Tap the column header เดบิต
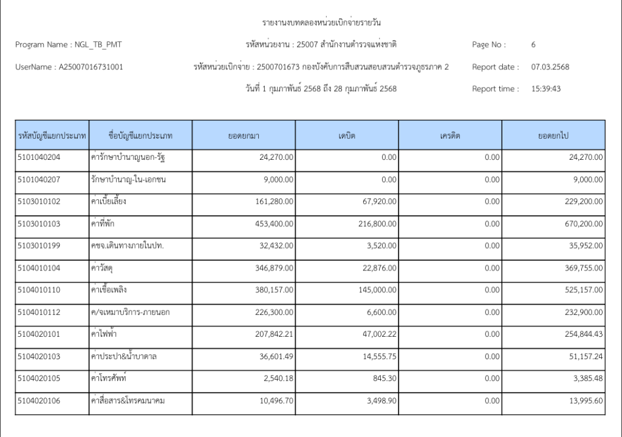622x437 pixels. [x=347, y=136]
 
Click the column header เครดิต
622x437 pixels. [x=450, y=136]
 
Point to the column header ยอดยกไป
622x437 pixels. [x=553, y=136]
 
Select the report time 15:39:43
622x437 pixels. [x=546, y=89]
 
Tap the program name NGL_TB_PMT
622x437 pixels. [x=98, y=44]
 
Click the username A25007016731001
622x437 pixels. [x=91, y=67]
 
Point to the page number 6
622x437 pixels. [x=533, y=44]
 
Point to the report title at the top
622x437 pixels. [x=322, y=23]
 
